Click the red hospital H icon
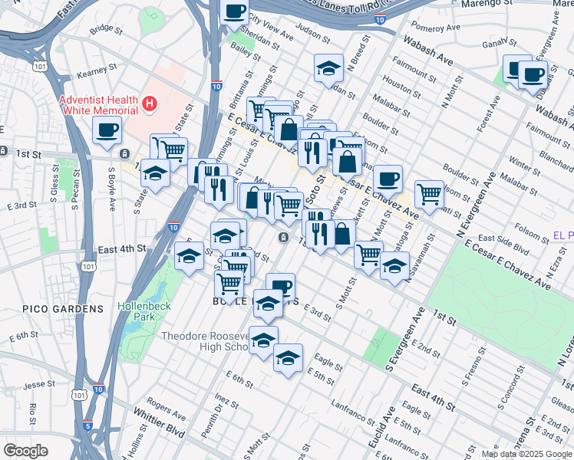click(x=150, y=102)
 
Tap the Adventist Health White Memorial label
click(x=100, y=106)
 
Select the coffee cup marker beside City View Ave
click(x=235, y=12)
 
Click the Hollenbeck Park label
click(x=141, y=311)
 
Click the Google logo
click(x=25, y=451)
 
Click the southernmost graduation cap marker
click(x=288, y=358)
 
